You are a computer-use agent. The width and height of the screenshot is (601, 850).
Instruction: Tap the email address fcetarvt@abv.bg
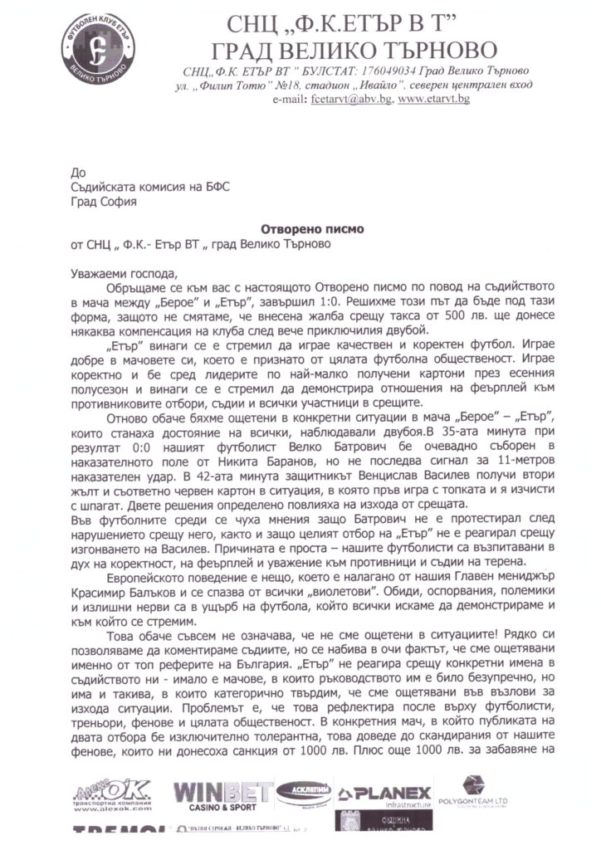[x=351, y=99]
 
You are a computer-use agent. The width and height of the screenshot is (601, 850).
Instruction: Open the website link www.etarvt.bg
[x=434, y=99]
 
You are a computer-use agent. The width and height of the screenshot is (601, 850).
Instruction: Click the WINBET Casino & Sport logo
[x=222, y=794]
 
